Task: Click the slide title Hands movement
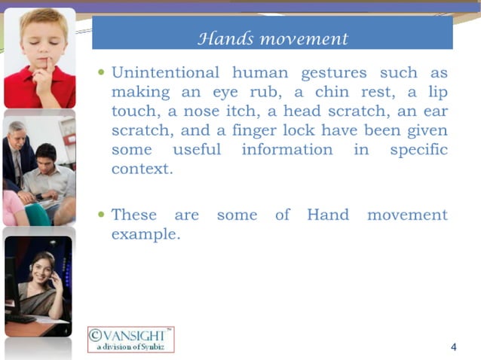(272, 38)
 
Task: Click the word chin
(320, 92)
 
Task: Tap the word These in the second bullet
(134, 215)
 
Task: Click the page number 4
(453, 346)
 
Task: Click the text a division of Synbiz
(131, 346)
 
